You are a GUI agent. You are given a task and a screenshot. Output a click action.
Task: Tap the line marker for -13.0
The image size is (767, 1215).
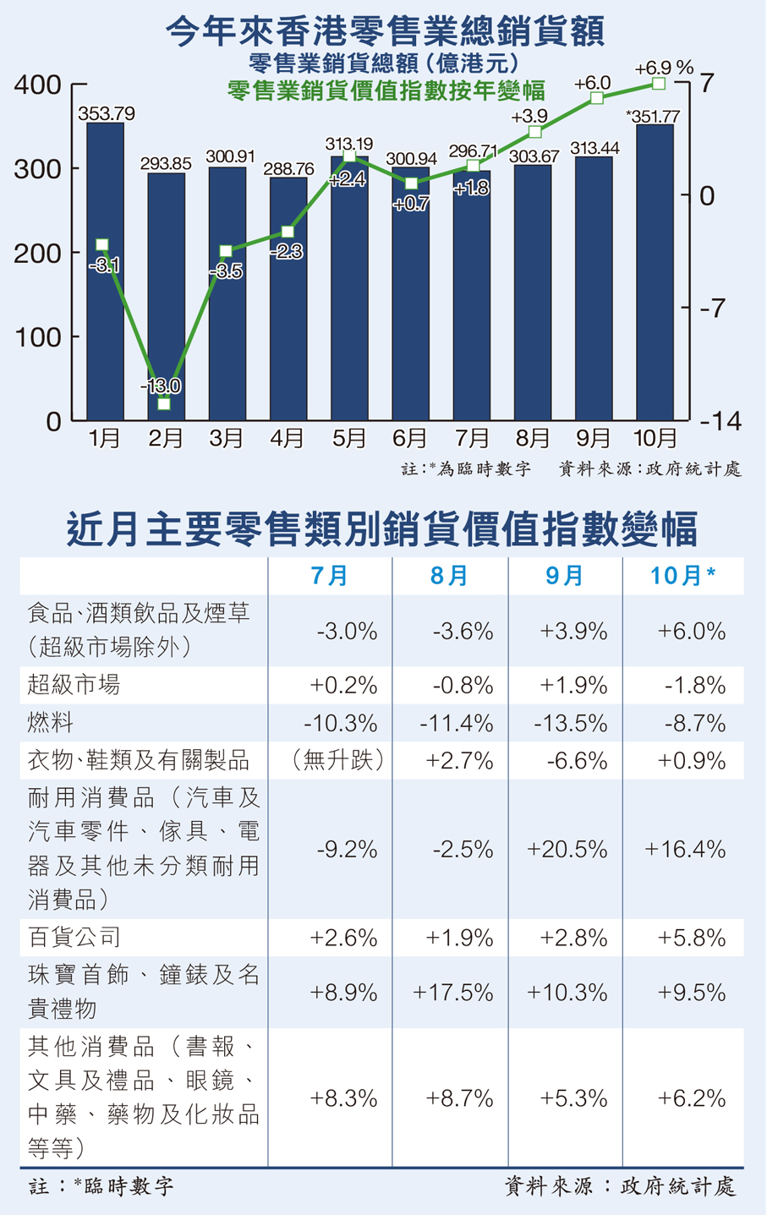[x=164, y=404]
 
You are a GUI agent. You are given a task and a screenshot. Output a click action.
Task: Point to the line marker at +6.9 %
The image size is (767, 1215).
[x=659, y=83]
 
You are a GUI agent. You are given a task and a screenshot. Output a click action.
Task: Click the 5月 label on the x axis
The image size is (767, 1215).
[x=348, y=438]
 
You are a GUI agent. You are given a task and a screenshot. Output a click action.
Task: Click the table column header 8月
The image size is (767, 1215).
[x=449, y=576]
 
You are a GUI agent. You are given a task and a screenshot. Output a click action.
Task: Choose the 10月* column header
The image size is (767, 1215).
[x=682, y=576]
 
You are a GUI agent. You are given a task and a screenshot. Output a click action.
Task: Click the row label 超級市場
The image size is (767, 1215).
[x=74, y=685]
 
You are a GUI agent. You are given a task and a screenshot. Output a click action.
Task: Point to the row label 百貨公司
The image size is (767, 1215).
[x=74, y=937]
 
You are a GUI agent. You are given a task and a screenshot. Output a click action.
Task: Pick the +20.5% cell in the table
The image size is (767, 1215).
[x=567, y=849]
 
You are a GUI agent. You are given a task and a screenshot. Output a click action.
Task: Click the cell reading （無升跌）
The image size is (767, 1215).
[x=338, y=761]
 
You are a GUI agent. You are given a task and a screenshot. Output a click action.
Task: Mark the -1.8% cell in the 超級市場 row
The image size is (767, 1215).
[x=694, y=685]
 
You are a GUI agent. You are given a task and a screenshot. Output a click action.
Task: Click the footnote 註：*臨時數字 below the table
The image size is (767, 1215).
[x=101, y=1186]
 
